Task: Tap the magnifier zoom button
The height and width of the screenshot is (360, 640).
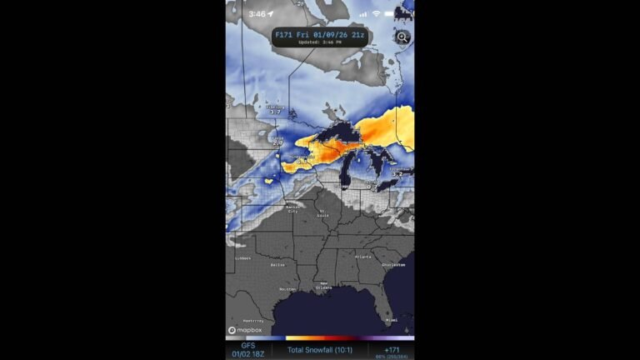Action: pyautogui.click(x=402, y=37)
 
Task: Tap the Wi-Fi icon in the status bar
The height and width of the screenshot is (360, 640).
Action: pyautogui.click(x=376, y=13)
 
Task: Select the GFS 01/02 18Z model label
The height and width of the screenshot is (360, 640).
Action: pyautogui.click(x=248, y=350)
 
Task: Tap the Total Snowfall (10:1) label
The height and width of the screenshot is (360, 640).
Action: pyautogui.click(x=320, y=350)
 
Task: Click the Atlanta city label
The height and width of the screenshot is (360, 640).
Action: pyautogui.click(x=362, y=257)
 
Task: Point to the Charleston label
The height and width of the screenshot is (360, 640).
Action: pyautogui.click(x=393, y=264)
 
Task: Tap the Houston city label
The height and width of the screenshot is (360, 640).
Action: pyautogui.click(x=287, y=288)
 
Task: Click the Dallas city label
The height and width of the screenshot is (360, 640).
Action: pyautogui.click(x=277, y=264)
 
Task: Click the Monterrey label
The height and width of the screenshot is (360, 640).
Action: pyautogui.click(x=254, y=320)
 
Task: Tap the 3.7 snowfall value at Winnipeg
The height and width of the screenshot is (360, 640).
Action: pyautogui.click(x=275, y=112)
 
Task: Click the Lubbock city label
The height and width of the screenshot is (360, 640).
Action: pyautogui.click(x=242, y=257)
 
